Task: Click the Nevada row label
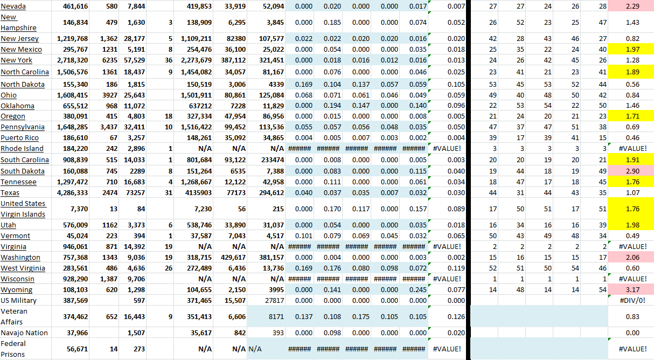click(13, 6)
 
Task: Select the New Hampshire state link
click(18, 22)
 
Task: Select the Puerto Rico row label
click(19, 137)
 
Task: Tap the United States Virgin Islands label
click(23, 209)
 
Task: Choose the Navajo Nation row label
click(24, 333)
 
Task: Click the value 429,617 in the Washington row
click(230, 257)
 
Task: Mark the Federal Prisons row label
click(13, 349)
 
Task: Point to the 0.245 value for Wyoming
click(414, 289)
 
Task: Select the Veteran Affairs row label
click(14, 316)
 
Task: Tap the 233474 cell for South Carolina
click(270, 160)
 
